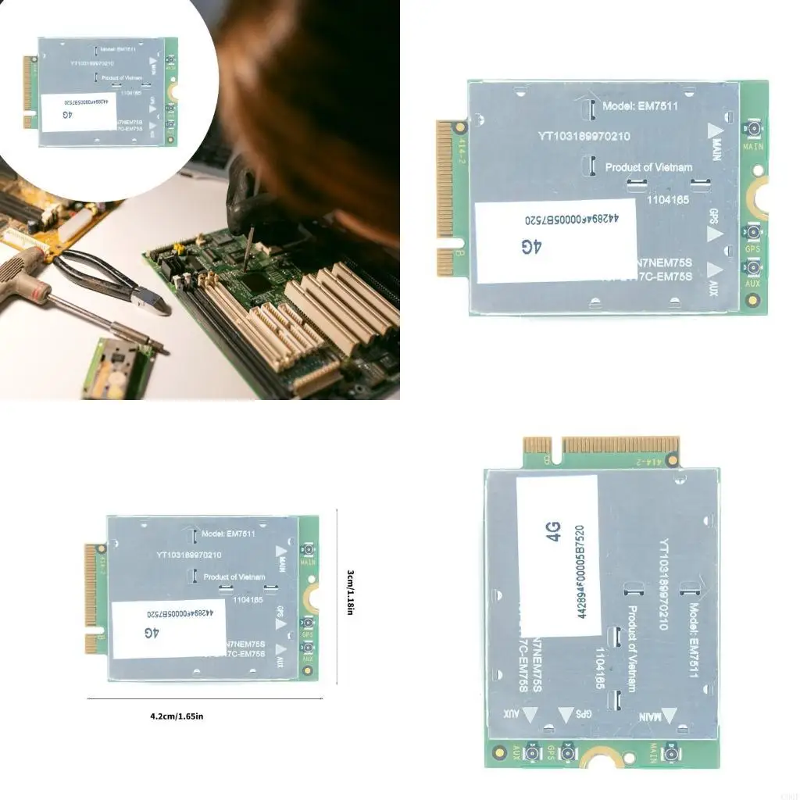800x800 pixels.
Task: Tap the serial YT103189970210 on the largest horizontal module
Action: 584,136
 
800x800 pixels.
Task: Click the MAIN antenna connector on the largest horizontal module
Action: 753,130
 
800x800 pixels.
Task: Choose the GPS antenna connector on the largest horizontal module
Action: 753,234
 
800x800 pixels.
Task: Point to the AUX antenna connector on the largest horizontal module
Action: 753,269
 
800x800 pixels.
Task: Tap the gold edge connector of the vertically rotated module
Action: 602,445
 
